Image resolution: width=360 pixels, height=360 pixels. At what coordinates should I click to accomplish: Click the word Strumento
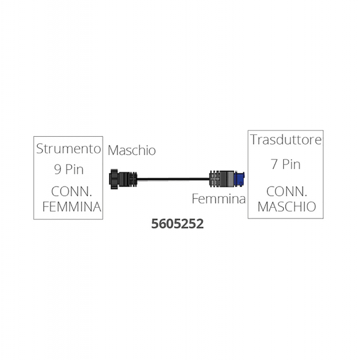point(68,149)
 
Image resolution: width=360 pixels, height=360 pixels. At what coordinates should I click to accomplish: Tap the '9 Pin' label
point(69,169)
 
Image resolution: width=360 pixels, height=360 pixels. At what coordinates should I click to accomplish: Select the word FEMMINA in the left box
point(71,206)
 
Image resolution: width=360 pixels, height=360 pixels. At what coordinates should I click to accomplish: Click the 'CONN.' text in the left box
point(71,191)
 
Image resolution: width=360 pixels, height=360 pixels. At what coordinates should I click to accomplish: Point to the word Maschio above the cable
point(132,151)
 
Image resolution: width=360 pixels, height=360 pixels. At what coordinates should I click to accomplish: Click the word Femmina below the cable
point(219,199)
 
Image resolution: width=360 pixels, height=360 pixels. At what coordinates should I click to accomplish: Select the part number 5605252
point(178,224)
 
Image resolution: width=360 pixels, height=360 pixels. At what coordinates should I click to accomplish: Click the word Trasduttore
point(286,140)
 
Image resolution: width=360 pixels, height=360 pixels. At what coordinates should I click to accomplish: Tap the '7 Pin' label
point(286,164)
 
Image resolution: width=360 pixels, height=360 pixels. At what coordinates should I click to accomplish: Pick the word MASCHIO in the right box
point(287,206)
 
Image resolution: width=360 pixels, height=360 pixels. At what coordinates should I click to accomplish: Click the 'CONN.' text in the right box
point(287,191)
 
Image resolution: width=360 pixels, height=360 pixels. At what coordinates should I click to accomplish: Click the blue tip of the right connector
point(239,178)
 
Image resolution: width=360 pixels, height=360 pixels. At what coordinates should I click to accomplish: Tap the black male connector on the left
point(123,179)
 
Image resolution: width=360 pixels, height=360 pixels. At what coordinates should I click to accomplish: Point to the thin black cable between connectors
point(173,179)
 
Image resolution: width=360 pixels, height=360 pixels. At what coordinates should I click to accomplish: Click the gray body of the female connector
point(227,179)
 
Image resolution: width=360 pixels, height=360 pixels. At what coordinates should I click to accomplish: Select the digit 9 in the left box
point(58,169)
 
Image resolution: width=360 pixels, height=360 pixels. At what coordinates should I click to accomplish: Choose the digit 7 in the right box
point(274,164)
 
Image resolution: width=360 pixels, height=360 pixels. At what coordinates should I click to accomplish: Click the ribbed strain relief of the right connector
point(215,179)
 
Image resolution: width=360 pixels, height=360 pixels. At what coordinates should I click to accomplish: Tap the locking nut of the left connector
point(114,179)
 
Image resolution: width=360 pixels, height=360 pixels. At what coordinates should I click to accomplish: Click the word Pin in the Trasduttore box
point(292,164)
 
